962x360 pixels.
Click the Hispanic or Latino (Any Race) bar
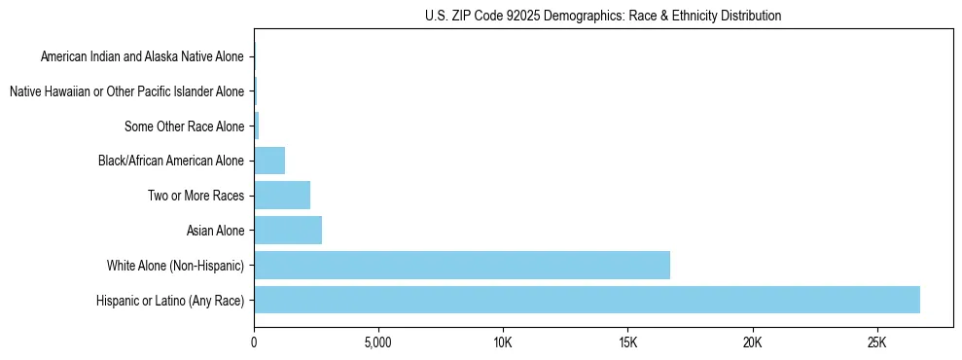[587, 300]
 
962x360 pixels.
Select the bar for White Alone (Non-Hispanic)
[462, 265]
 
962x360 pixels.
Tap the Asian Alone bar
[288, 231]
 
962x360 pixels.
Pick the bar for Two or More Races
[282, 196]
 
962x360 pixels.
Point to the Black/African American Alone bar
[269, 161]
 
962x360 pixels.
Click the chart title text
[603, 16]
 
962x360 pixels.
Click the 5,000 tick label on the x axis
[377, 342]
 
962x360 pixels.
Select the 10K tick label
[503, 342]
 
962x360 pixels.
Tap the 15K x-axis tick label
[627, 342]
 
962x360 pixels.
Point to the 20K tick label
[752, 342]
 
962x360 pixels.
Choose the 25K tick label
[876, 342]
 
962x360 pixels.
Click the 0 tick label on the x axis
[254, 342]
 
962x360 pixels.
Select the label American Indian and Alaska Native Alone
[143, 57]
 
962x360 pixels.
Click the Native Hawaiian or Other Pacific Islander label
[126, 92]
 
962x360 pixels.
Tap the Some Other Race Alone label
[185, 126]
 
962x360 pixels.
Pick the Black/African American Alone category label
[172, 162]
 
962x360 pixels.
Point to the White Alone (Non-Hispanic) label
[176, 266]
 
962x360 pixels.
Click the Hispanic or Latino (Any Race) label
[170, 301]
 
